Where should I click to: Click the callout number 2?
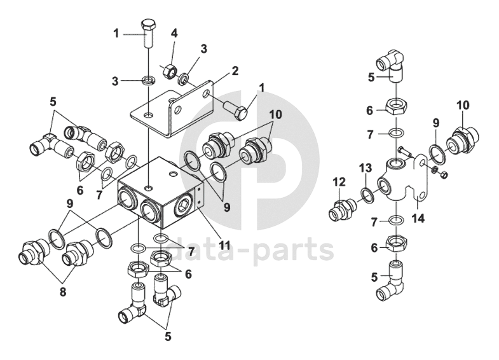click(235, 70)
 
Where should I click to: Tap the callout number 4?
click(174, 33)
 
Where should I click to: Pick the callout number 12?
click(338, 182)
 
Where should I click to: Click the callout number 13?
click(364, 168)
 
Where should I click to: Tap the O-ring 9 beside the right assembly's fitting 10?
click(436, 153)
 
